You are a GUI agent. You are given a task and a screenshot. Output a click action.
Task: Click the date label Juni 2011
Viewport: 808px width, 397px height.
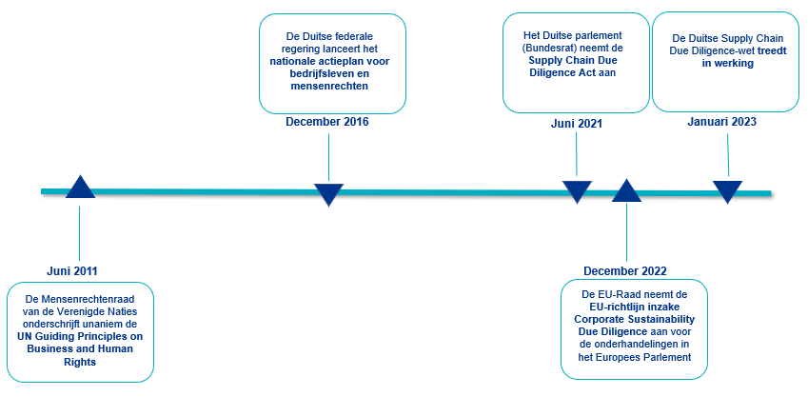[x=72, y=270]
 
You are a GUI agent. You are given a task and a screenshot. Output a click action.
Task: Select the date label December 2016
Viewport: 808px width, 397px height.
[x=327, y=122]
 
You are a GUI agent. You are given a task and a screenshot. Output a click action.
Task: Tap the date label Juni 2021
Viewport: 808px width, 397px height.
[x=576, y=124]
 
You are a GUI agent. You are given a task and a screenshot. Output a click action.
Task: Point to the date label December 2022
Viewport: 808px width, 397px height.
[x=625, y=270]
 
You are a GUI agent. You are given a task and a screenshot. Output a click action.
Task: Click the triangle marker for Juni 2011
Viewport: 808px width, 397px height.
[x=80, y=188]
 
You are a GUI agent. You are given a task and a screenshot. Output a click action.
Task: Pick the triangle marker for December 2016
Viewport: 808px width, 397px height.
[x=328, y=194]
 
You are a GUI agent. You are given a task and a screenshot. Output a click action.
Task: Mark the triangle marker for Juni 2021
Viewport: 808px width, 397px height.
[x=577, y=191]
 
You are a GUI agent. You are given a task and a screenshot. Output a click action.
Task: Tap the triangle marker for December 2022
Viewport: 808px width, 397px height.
[x=626, y=190]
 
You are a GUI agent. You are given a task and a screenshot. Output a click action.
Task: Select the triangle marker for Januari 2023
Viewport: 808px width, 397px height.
[x=727, y=191]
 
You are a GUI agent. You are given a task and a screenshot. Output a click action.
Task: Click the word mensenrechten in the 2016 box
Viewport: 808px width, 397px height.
[x=328, y=87]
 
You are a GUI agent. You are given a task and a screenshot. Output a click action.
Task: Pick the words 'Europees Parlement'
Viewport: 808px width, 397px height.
[x=643, y=357]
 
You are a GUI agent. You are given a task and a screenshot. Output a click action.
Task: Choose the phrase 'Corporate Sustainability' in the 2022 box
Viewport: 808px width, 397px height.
[x=633, y=320]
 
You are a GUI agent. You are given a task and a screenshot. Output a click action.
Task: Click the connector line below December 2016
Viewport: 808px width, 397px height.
[x=328, y=157]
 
